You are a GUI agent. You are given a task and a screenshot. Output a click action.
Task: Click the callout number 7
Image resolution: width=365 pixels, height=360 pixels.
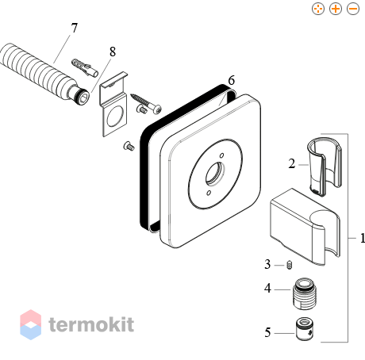pyautogui.click(x=75, y=28)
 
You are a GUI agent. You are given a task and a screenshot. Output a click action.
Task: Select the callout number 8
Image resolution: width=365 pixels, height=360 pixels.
pyautogui.click(x=113, y=52)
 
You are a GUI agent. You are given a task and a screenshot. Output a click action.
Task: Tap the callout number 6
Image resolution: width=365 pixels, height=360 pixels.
pyautogui.click(x=232, y=80)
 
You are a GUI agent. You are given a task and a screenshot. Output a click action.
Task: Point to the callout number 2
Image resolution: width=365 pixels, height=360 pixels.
pyautogui.click(x=292, y=163)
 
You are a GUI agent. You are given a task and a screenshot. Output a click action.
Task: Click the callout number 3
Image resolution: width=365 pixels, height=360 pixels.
pyautogui.click(x=267, y=264)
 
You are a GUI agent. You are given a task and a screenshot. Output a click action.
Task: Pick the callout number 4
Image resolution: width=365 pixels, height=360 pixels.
pyautogui.click(x=267, y=288)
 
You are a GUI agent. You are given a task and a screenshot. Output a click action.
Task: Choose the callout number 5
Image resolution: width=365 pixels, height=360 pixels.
pyautogui.click(x=267, y=332)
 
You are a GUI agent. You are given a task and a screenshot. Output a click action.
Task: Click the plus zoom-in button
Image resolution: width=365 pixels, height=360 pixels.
pyautogui.click(x=336, y=9)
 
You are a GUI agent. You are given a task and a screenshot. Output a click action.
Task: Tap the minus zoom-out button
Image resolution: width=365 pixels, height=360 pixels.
pyautogui.click(x=353, y=9)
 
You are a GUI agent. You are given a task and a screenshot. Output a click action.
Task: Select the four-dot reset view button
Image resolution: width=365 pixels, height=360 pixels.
pyautogui.click(x=318, y=9)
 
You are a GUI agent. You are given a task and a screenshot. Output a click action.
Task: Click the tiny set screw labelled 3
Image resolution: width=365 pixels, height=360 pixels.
pyautogui.click(x=290, y=265)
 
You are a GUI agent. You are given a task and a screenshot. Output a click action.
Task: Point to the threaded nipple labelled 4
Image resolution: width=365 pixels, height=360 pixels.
pyautogui.click(x=305, y=293)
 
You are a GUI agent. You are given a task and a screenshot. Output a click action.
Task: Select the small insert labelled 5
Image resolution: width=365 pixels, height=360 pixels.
pyautogui.click(x=305, y=328)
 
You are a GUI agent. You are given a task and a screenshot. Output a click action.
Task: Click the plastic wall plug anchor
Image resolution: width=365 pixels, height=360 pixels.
pyautogui.click(x=85, y=67)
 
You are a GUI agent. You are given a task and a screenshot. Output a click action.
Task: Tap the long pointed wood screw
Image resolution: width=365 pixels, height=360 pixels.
pyautogui.click(x=146, y=103)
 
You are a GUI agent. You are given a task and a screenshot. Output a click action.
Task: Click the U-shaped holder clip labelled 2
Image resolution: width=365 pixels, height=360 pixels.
pyautogui.click(x=325, y=167)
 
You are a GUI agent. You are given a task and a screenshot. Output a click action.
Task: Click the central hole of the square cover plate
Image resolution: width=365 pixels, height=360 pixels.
pyautogui.click(x=215, y=173)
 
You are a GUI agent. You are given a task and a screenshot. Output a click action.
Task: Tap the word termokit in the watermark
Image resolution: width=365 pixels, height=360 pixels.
pyautogui.click(x=91, y=324)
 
